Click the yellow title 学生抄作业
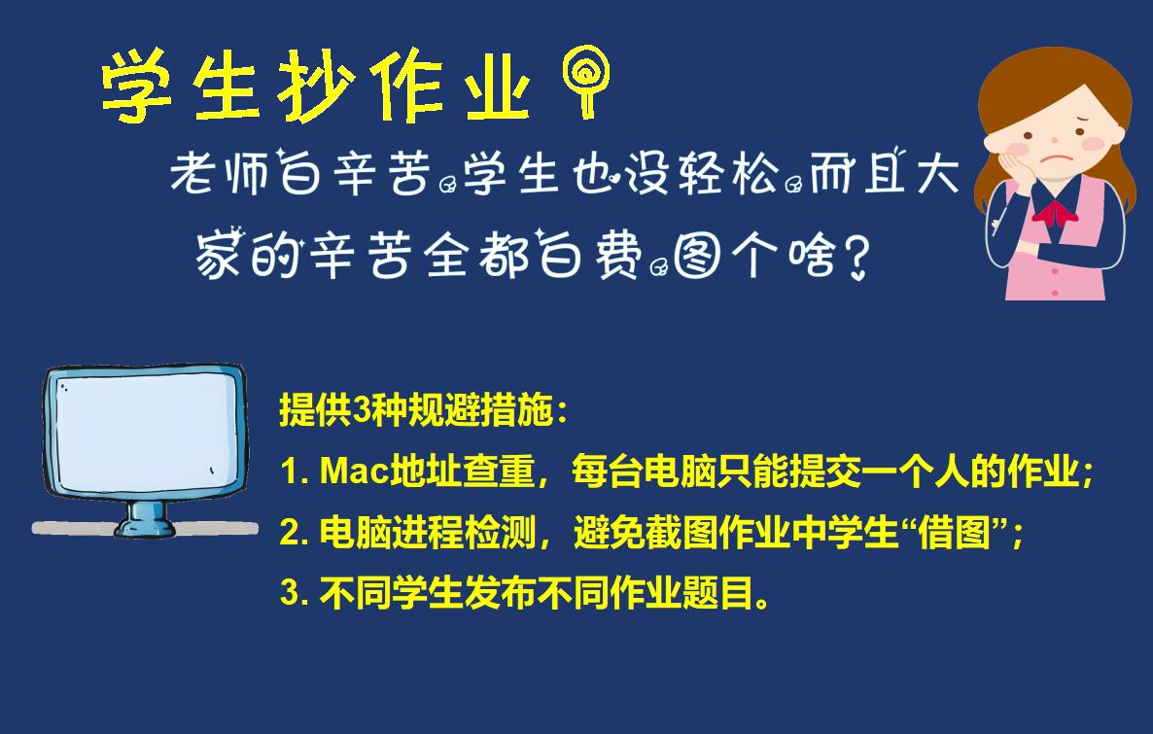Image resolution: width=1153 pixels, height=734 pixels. [x=315, y=86]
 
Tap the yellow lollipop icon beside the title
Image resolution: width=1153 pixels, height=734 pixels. [x=586, y=81]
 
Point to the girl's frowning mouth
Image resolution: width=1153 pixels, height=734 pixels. [x=1056, y=158]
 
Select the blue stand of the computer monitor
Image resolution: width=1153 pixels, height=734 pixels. [x=145, y=518]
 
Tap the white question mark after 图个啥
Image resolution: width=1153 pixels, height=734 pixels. [x=856, y=257]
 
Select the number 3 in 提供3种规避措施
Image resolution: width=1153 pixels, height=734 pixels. [x=361, y=409]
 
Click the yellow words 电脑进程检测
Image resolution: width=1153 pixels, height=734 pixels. [x=427, y=532]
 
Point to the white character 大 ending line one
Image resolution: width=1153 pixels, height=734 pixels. [x=938, y=174]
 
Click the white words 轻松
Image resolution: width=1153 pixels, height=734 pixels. [x=728, y=174]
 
